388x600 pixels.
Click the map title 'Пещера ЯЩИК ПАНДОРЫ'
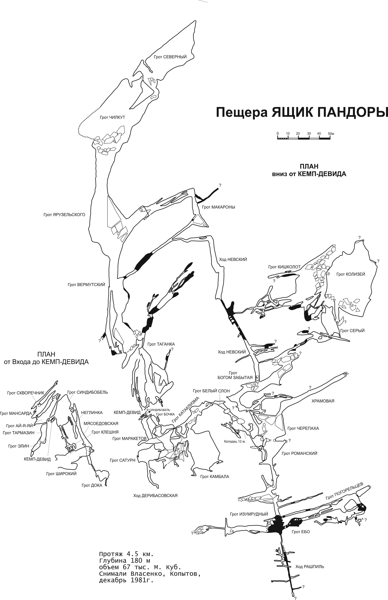click(x=302, y=112)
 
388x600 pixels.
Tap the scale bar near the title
click(x=304, y=138)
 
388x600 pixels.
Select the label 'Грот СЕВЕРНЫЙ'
click(x=170, y=57)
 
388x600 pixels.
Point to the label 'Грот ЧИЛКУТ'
click(x=112, y=118)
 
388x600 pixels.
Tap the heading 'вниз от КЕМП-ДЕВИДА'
click(x=309, y=174)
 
